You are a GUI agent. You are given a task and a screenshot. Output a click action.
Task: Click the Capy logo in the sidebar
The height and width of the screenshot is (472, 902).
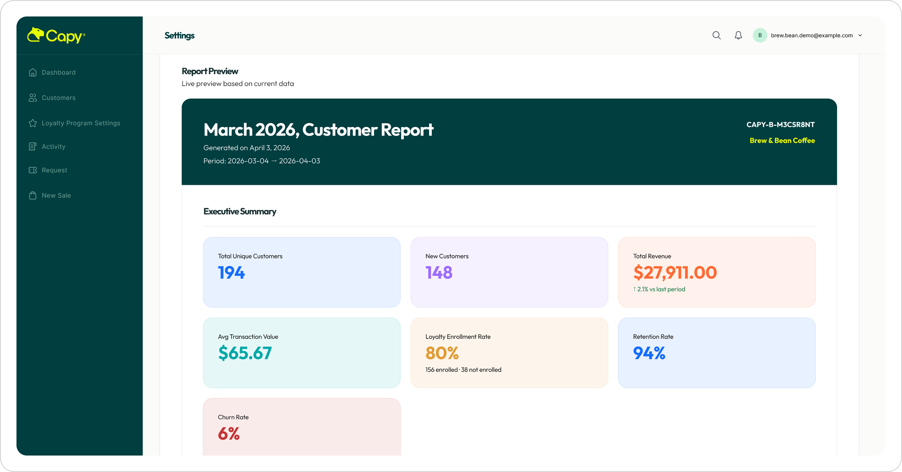coord(56,35)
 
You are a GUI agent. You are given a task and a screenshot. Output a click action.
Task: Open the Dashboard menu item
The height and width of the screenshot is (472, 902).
coord(58,72)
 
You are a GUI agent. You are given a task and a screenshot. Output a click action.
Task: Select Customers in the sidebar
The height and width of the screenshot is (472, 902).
coord(58,98)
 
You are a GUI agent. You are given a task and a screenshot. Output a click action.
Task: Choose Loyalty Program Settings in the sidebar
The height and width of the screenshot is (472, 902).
coord(81,123)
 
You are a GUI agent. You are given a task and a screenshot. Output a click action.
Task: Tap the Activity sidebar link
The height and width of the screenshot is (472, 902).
coord(53,147)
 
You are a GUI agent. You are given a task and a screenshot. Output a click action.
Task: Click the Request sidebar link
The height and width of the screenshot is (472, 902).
coord(54,170)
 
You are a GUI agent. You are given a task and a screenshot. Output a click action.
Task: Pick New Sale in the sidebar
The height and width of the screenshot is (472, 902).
coord(56,196)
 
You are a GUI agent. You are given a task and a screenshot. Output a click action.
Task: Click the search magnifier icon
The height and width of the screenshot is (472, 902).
coord(716,35)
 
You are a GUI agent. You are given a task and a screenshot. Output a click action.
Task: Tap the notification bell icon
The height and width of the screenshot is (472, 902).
coord(738,35)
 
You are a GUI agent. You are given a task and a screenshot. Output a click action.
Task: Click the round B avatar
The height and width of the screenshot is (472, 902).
coord(760,35)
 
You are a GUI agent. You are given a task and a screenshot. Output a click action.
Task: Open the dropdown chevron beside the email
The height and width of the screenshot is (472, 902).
coord(860,35)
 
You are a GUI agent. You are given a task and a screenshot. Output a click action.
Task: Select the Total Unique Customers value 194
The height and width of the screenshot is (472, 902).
coord(231,273)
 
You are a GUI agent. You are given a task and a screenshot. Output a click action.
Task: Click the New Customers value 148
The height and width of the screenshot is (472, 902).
coord(439,273)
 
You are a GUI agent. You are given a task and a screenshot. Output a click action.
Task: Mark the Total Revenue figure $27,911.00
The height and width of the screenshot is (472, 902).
coord(675,273)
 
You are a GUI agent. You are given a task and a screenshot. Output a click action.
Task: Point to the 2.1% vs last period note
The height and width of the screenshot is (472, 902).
coord(659,289)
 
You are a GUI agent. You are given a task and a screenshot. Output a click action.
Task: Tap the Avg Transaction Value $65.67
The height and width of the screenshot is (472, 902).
coord(245,353)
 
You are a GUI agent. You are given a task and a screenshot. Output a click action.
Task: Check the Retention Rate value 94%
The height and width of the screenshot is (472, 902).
coord(649,353)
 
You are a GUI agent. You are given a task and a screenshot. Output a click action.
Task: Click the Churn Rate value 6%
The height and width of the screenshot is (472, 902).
coord(229,434)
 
